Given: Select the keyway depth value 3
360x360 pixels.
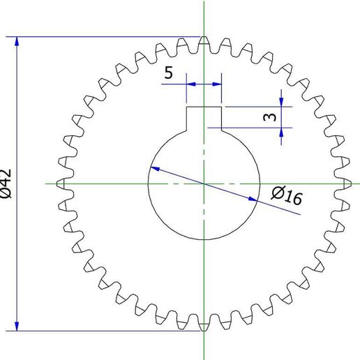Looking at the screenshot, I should pyautogui.click(x=269, y=117).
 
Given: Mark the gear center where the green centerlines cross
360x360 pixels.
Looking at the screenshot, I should pyautogui.click(x=204, y=183).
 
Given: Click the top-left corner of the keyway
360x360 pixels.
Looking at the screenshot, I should pyautogui.click(x=186, y=107).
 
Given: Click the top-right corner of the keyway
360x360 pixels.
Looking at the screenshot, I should pyautogui.click(x=221, y=107).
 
